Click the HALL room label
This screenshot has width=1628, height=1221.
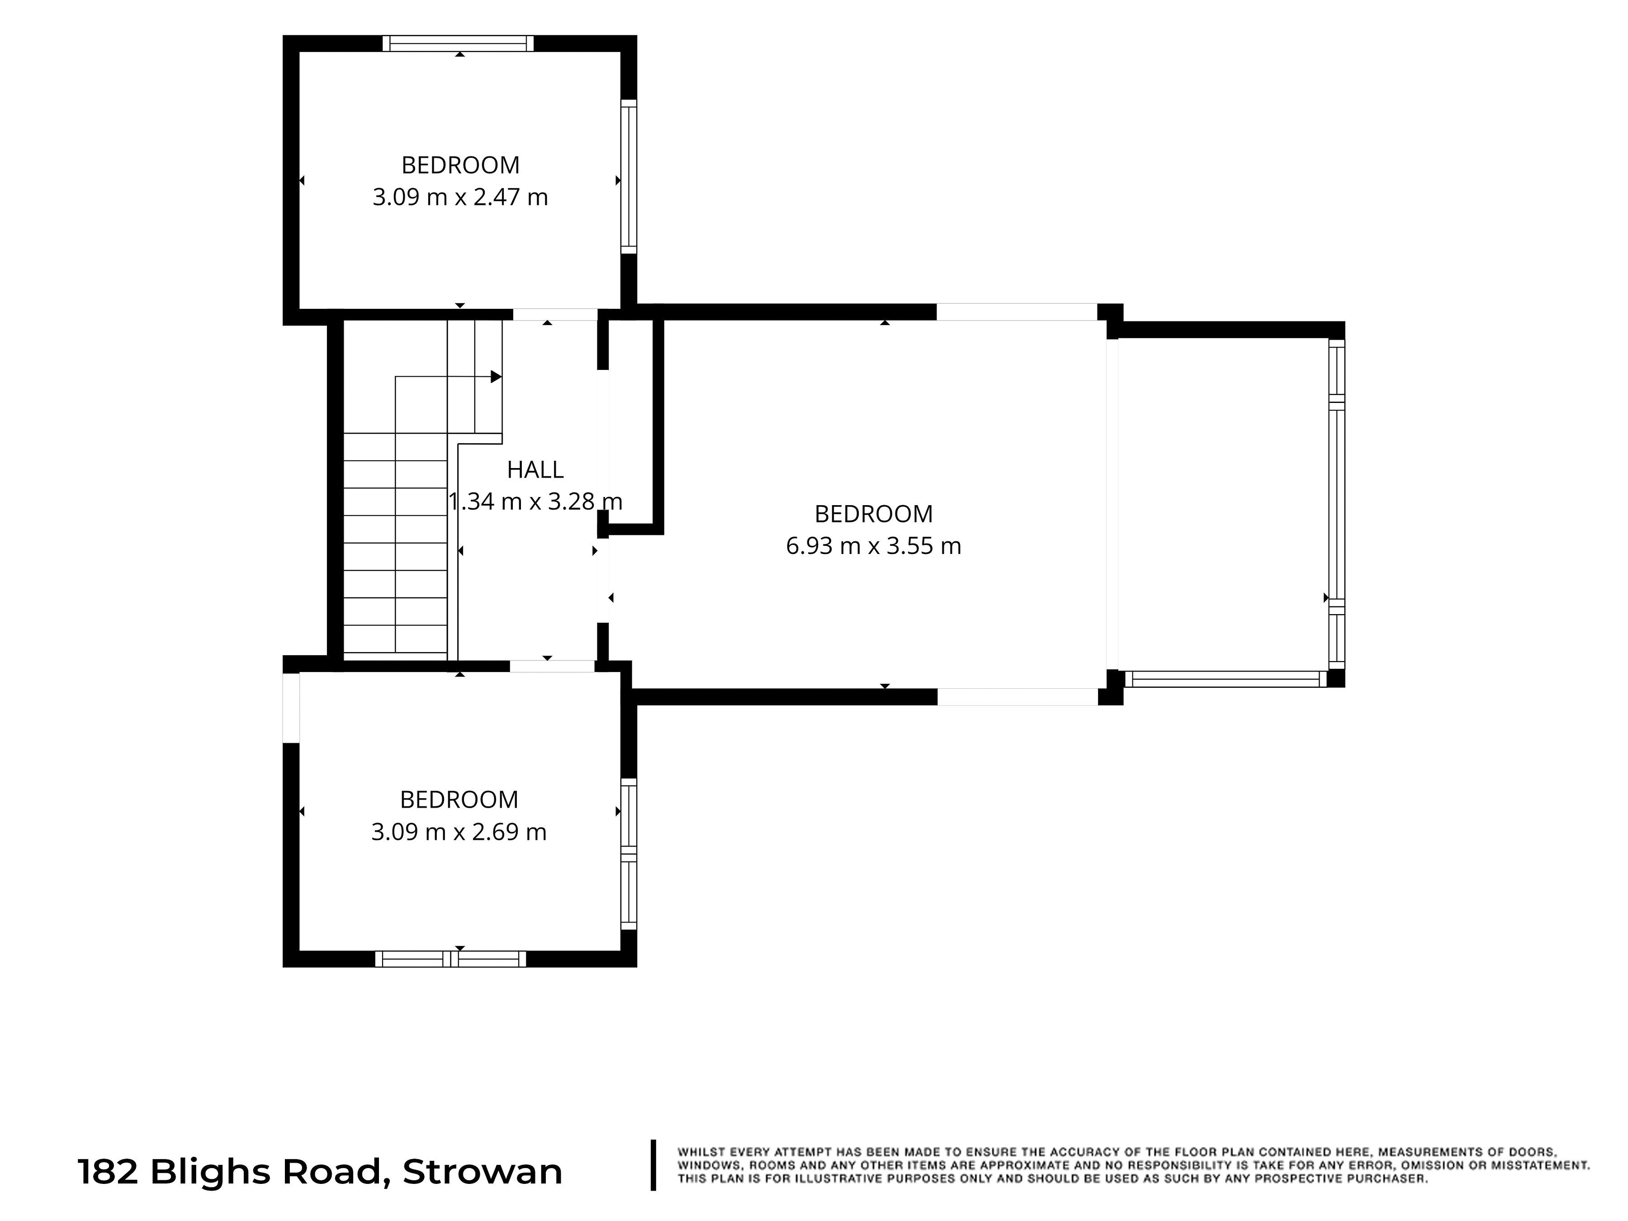click(535, 469)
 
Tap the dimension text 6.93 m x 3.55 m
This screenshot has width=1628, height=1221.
click(874, 546)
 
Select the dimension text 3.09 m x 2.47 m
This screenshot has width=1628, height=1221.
click(460, 197)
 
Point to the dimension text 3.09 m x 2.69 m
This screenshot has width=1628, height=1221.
click(459, 832)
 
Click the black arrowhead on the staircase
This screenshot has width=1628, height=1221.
click(496, 377)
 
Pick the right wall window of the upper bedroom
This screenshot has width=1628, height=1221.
click(629, 177)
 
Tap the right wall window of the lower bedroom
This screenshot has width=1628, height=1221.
click(629, 854)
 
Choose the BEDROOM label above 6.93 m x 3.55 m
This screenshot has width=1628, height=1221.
click(874, 514)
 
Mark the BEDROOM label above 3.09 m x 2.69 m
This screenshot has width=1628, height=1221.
click(459, 799)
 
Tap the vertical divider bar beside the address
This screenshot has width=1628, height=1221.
click(653, 1165)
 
